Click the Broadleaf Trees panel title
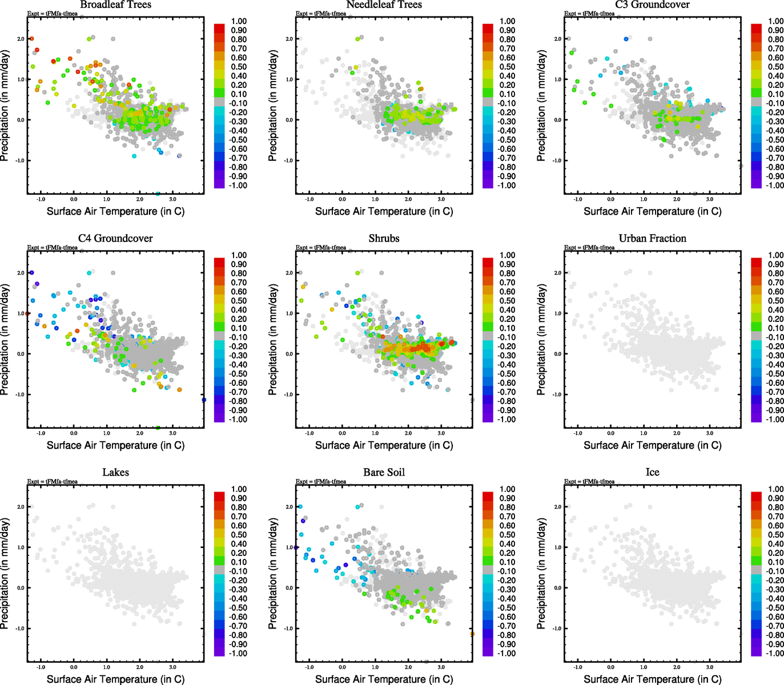point(115,5)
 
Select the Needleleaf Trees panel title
point(384,5)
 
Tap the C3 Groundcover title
point(652,5)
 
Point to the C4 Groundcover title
point(115,239)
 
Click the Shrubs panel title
point(384,239)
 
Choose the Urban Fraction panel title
point(652,239)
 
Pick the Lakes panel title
point(115,473)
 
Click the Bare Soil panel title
point(384,473)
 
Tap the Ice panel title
point(652,473)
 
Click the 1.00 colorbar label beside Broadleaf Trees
point(239,21)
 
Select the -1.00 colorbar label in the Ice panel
point(774,653)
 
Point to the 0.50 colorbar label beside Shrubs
point(508,301)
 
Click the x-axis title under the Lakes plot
point(115,679)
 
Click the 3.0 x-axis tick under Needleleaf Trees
point(441,199)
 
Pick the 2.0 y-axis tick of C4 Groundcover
point(21,273)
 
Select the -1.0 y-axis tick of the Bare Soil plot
point(290,628)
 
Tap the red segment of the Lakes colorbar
point(219,496)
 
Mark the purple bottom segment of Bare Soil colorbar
point(488,652)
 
